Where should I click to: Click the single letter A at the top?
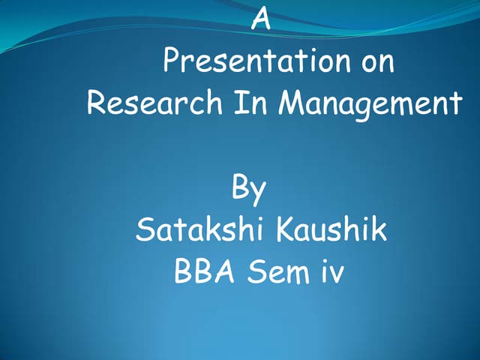point(260,18)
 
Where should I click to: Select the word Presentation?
point(250,61)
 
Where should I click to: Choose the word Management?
point(370,103)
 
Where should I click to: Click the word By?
point(248,189)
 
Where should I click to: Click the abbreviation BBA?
point(201,271)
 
